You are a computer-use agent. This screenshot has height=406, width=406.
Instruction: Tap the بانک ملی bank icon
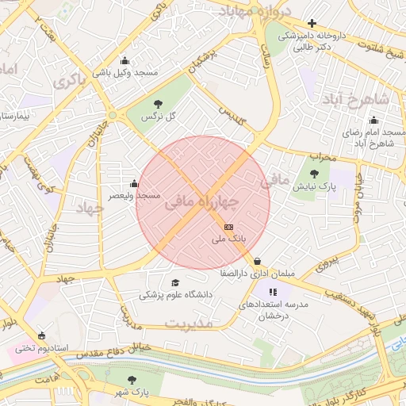pyautogui.click(x=229, y=227)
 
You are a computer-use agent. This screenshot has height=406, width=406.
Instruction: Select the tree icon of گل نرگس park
pyautogui.click(x=158, y=104)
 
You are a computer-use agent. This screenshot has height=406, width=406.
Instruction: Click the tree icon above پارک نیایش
pyautogui.click(x=314, y=174)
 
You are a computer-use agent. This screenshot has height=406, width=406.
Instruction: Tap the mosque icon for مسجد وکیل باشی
pyautogui.click(x=124, y=61)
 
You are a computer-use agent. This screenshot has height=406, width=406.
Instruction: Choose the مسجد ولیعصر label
pyautogui.click(x=135, y=195)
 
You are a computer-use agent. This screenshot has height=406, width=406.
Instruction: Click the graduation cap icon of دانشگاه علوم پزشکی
pyautogui.click(x=174, y=282)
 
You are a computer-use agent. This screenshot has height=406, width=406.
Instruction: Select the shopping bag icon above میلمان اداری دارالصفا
pyautogui.click(x=258, y=262)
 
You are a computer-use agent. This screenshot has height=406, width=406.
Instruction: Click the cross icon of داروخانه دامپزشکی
pyautogui.click(x=312, y=24)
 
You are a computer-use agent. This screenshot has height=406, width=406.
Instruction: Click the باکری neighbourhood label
pyautogui.click(x=71, y=82)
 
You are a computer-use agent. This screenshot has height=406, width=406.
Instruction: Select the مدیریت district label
pyautogui.click(x=190, y=324)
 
